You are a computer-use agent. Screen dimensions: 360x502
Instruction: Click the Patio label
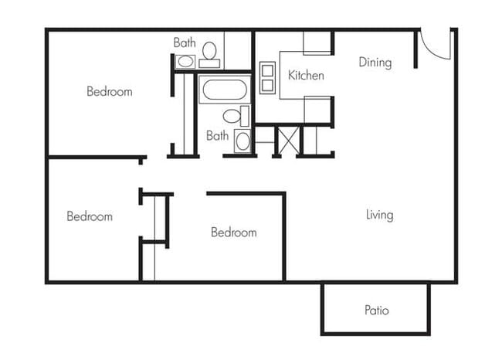pos(376,311)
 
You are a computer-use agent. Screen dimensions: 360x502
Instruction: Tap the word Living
pos(379,215)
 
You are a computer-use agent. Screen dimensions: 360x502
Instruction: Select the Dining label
pos(375,63)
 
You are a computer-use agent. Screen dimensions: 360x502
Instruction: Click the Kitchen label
pos(306,76)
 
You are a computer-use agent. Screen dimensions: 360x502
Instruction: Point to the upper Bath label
pos(185,42)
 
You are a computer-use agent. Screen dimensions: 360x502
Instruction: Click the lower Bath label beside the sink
pos(218,135)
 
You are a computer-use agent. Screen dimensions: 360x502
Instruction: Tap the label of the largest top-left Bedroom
pos(109,91)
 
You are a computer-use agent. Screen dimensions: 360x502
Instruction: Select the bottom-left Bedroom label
pos(90,216)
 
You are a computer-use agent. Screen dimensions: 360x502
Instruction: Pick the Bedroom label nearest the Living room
pos(234,232)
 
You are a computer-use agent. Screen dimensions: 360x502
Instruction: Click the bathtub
pos(224,90)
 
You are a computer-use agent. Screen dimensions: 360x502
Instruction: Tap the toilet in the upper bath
pos(209,51)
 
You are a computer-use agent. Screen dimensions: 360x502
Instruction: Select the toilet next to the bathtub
pos(233,116)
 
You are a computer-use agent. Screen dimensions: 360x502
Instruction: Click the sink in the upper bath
pos(185,62)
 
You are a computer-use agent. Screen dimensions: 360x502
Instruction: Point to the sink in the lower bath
pos(243,141)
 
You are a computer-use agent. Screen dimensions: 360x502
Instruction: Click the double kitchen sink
pos(267,78)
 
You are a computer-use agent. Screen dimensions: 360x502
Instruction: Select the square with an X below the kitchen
pos(287,141)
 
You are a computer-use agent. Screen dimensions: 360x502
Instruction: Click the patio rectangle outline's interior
pos(376,324)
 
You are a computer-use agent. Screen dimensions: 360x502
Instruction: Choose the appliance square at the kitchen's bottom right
pos(317,110)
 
